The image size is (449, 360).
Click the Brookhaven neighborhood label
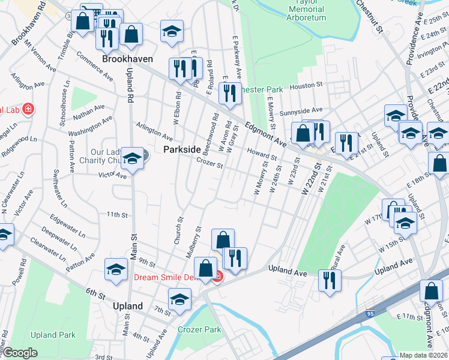click(x=127, y=59)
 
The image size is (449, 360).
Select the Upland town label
click(x=128, y=306)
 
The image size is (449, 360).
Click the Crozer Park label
click(x=199, y=329)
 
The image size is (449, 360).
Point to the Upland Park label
click(x=53, y=335)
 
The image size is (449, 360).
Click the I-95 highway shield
click(x=370, y=314)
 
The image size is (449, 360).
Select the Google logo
click(x=20, y=353)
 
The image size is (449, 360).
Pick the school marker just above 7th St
click(x=179, y=299)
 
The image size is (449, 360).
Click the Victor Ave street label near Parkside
click(x=112, y=175)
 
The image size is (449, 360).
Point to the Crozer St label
click(x=209, y=163)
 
